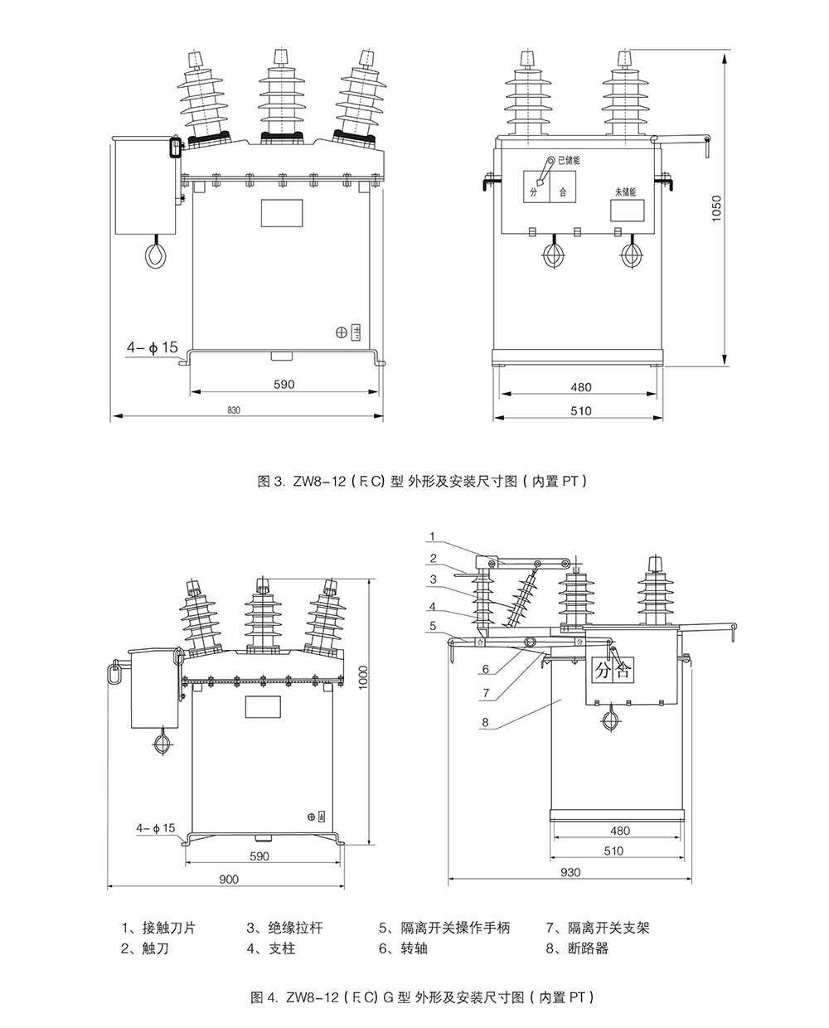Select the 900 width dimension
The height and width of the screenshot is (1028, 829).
(x=229, y=880)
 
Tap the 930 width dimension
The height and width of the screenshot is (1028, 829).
(x=570, y=871)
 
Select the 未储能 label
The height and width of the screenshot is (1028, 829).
(x=624, y=192)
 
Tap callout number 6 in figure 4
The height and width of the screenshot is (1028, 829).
(x=486, y=668)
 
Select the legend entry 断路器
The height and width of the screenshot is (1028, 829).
(x=579, y=948)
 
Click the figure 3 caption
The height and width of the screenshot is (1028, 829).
(x=423, y=480)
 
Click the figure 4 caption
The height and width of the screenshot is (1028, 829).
(x=423, y=996)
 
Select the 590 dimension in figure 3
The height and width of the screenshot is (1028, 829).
(x=283, y=384)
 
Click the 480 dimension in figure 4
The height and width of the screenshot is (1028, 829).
(x=619, y=830)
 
